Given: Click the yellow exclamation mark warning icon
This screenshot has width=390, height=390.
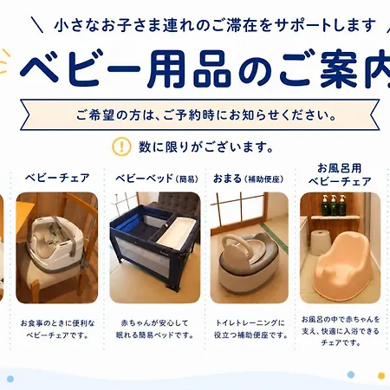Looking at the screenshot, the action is click(121, 146).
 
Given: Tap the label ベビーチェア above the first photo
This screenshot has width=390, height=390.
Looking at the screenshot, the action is click(57, 178).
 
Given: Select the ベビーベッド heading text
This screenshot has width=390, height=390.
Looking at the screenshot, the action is click(144, 179).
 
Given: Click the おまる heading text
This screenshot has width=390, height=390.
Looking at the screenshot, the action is click(227, 179).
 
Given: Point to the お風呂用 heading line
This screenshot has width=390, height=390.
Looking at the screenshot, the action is click(339, 168).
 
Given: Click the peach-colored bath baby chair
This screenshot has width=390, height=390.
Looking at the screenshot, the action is click(342, 266).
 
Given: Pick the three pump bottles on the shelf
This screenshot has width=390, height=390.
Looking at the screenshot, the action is click(334, 205).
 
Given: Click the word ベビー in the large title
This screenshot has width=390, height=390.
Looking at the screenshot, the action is click(80, 68).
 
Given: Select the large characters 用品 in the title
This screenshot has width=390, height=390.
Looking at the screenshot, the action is click(189, 68).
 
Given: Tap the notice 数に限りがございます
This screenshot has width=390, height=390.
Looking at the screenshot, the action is click(205, 146).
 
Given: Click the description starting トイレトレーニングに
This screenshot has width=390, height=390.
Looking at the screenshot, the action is click(250, 328).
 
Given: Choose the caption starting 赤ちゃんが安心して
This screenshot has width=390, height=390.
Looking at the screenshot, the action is click(154, 328).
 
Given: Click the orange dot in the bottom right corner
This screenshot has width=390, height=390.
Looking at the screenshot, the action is click(381, 375).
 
